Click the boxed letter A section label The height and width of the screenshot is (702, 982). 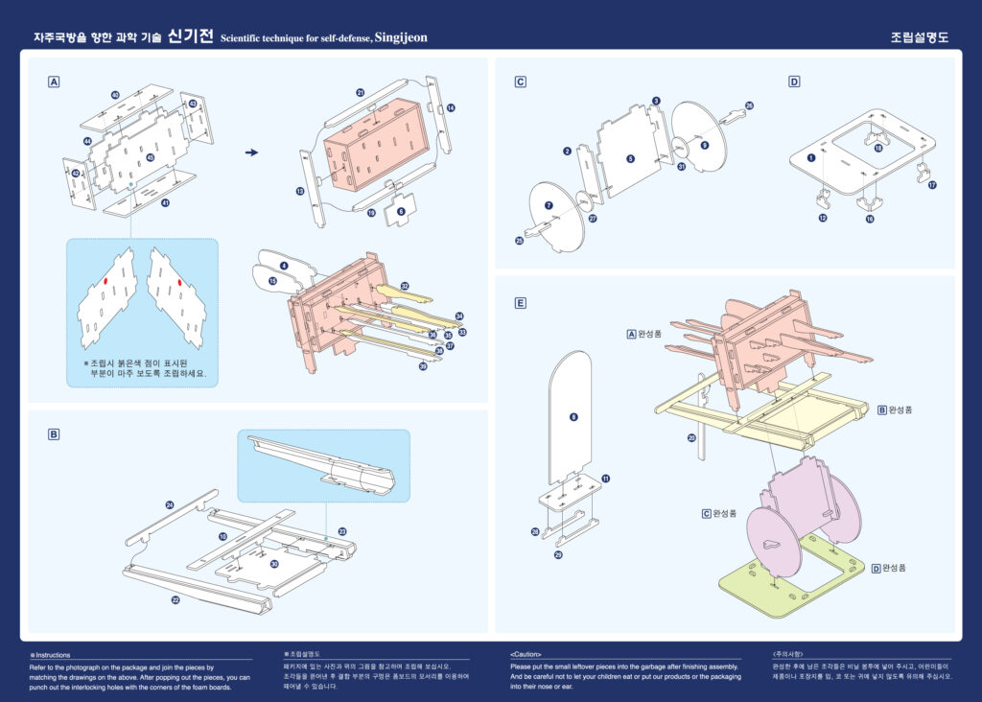pos(54,82)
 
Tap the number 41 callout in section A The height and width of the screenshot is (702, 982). pos(165,203)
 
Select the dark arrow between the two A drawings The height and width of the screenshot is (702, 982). pos(251,152)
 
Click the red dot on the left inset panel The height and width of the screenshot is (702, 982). pos(105,281)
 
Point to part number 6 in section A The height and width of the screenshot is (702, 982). pos(401,210)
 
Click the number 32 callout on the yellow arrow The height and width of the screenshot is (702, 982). pos(405,286)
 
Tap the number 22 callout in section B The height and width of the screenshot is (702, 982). pos(175,599)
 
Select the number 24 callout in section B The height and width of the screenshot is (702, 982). pos(170,504)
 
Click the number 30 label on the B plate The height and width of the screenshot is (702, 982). pos(274,564)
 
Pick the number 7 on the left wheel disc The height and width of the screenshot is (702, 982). pos(549,205)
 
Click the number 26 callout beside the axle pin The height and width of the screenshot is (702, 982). pos(749,105)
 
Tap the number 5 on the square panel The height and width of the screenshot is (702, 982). pos(630,158)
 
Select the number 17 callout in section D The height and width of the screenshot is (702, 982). pos(931,185)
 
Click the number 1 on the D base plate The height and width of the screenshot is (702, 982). pos(811,157)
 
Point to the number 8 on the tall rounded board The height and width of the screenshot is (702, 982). pos(573,417)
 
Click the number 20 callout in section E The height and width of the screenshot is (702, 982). pos(690,437)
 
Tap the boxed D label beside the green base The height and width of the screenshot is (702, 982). pos(875,568)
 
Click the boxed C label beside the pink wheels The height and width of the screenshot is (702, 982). pos(706,514)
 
